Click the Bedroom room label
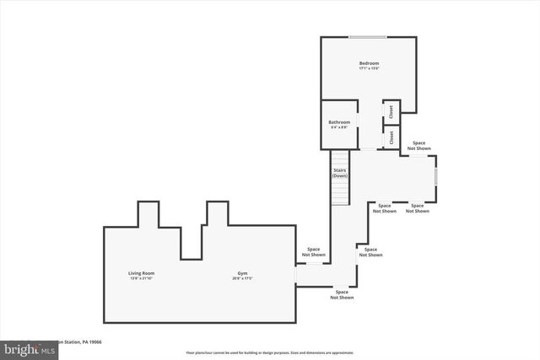(369, 63)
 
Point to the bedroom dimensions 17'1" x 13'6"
(369, 69)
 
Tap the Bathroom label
(339, 122)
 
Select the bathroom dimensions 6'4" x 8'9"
(339, 128)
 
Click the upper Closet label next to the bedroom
(391, 110)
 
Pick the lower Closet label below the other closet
(391, 137)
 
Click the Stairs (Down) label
(339, 173)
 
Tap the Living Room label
(141, 273)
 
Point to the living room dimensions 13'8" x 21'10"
(141, 279)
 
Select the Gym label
(242, 273)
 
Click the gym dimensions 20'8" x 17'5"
(242, 279)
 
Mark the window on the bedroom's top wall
(369, 37)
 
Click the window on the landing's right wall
(436, 175)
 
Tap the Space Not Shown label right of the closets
(419, 146)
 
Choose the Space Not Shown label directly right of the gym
(313, 251)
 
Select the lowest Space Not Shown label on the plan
(342, 295)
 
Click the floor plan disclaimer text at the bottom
(270, 352)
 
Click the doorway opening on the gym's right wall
(295, 275)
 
